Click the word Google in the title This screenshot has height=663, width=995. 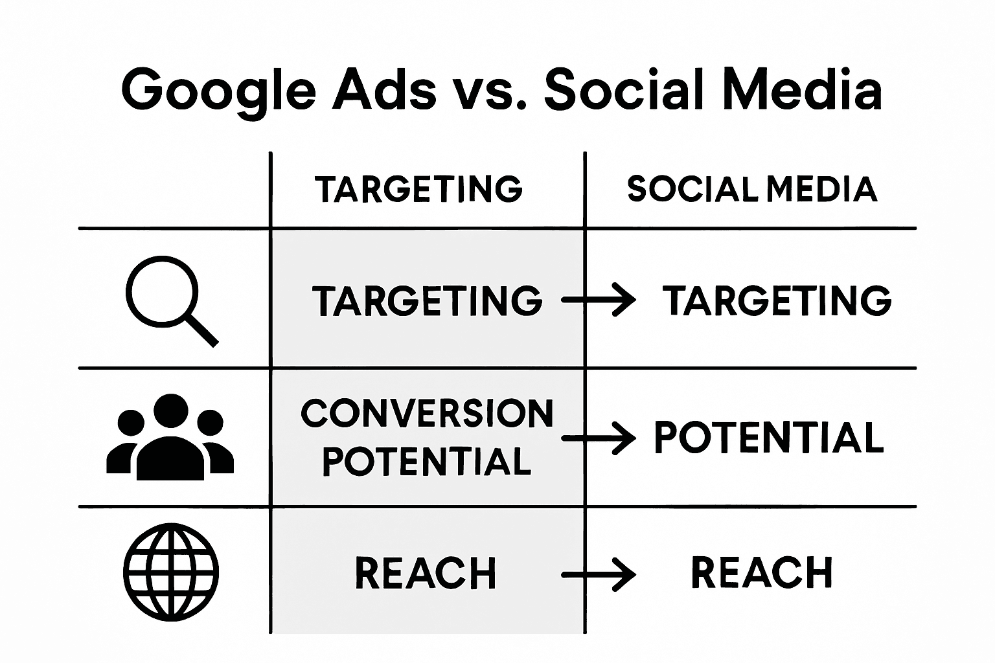pos(218,91)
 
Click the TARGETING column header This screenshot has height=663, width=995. pos(418,189)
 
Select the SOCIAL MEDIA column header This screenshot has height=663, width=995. pos(752,189)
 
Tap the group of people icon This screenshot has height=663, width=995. pos(170,437)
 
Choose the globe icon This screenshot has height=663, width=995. pos(171,573)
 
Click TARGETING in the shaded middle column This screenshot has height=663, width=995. pos(427,301)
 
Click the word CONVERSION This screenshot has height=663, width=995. pos(427,413)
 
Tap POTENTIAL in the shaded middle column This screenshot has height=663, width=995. pos(427,461)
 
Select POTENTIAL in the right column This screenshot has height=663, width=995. pos(769,437)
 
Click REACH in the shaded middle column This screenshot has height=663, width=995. pos(426,573)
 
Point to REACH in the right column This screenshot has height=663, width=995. pos(762,572)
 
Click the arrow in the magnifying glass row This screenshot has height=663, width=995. pos(599,300)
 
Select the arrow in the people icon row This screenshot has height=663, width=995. pos(599,438)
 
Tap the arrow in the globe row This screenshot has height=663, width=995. pos(599,574)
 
